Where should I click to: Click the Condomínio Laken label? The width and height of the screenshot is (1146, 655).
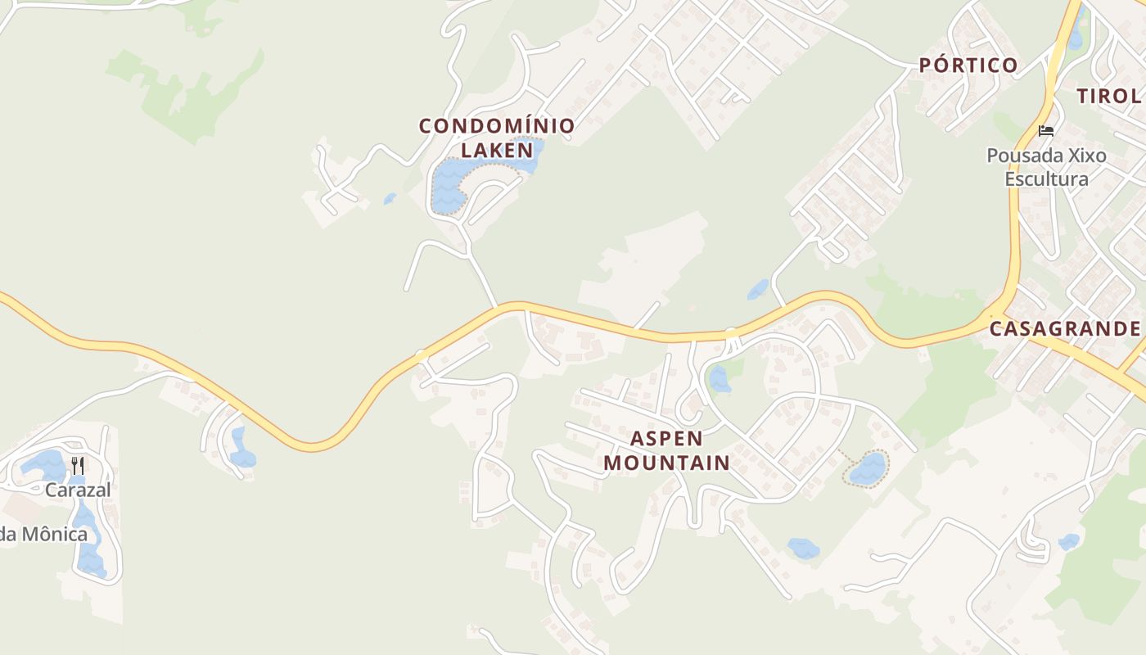[x=497, y=138]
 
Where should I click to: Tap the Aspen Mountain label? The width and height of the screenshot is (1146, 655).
[x=666, y=449]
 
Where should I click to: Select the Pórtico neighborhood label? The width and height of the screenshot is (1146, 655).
[x=968, y=65]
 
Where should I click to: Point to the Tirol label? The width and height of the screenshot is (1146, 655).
[x=1109, y=96]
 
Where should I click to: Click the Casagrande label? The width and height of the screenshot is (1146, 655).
[x=1065, y=329]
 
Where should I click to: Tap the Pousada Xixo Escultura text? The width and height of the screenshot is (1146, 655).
[x=1046, y=167]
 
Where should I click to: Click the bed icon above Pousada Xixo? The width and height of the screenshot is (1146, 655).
[x=1045, y=130]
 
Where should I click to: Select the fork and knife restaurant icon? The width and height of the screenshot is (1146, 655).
[x=78, y=466]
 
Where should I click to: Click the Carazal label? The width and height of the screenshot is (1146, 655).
[x=78, y=490]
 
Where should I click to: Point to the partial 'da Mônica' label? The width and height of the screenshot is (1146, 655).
[x=43, y=535]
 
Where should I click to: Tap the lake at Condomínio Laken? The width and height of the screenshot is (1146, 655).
[x=450, y=184]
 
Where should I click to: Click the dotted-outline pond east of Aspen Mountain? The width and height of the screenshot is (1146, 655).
[x=868, y=469]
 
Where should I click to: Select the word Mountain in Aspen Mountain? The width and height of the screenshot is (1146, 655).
[x=666, y=463]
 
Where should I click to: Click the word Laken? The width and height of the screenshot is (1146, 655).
[x=497, y=150]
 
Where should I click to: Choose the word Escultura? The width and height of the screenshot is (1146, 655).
[x=1046, y=179]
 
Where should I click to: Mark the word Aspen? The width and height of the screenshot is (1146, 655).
[x=666, y=438]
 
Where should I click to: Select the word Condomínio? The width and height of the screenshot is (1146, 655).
[x=497, y=126]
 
